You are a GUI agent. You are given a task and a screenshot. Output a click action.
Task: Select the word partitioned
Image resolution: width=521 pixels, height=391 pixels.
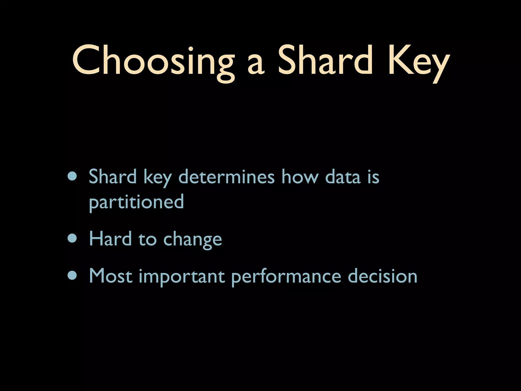click(136, 202)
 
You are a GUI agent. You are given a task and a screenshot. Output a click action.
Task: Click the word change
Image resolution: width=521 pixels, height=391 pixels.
click(193, 240)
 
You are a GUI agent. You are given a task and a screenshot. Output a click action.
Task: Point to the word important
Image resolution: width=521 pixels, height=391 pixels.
click(182, 277)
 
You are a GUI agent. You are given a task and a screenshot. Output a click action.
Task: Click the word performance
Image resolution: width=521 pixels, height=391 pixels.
click(286, 277)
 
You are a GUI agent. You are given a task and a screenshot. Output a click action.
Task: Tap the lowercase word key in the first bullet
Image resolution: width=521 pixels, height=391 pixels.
click(157, 177)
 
